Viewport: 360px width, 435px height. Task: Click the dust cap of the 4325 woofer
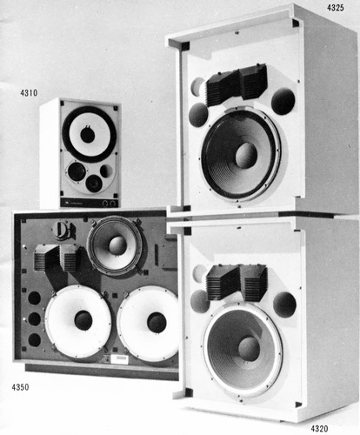tap(245, 155)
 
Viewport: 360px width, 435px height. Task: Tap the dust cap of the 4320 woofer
tap(248, 348)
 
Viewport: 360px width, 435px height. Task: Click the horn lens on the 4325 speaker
tap(235, 84)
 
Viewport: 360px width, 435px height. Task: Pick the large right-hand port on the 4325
tap(283, 102)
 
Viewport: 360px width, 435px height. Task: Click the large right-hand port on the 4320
tap(284, 304)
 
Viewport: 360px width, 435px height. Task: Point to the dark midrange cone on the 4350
tap(117, 245)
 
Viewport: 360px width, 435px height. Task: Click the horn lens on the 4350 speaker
tap(57, 258)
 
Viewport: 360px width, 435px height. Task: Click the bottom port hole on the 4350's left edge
tap(34, 339)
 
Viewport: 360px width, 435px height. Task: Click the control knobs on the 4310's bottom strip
tap(109, 203)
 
